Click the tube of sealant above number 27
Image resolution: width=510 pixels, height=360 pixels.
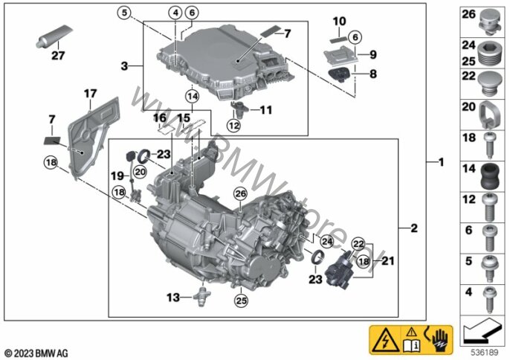pos(54,36)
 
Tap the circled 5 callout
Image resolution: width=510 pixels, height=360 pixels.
pos(124,13)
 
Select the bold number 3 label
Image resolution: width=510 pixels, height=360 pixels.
pos(124,66)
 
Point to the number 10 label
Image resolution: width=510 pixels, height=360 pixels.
pos(339,22)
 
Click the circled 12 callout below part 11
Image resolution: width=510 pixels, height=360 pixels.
pos(234,126)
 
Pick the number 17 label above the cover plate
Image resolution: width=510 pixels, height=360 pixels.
pos(90,94)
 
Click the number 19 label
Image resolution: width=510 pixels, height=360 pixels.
pos(117,176)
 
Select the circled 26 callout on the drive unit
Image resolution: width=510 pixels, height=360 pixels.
pos(241,194)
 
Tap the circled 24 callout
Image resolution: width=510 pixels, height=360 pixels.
pos(327,242)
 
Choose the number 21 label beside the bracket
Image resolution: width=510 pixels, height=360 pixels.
pos(387,261)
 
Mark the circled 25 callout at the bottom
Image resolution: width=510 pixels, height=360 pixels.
pos(242,300)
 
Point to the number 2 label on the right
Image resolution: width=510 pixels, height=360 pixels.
pos(414,228)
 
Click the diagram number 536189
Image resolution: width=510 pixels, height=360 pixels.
pos(485,353)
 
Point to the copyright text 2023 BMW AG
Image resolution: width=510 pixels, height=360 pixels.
pos(36,353)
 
